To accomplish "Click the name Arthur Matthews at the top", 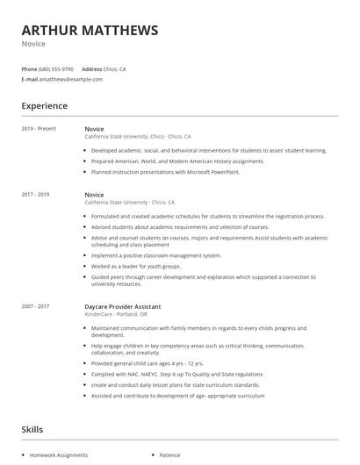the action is [x=90, y=31].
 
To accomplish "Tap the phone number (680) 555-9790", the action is [x=56, y=68].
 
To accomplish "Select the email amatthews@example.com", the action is [x=71, y=79].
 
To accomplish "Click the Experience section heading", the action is [x=44, y=106].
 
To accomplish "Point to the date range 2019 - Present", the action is [x=39, y=129].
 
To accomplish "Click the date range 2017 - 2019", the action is [x=36, y=194].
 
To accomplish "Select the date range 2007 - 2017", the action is [x=36, y=307].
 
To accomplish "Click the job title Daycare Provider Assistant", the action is [x=122, y=307].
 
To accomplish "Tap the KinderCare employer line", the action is [x=116, y=314].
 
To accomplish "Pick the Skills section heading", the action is [x=32, y=430].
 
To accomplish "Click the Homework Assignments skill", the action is [x=59, y=455].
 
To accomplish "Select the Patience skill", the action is [x=169, y=455].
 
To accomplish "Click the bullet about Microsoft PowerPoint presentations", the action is [x=165, y=172].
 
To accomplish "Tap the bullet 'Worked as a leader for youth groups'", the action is [x=136, y=266].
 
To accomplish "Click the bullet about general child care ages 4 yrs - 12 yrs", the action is [x=148, y=363].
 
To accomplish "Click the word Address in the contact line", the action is [x=92, y=68].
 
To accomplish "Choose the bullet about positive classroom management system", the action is [x=156, y=255].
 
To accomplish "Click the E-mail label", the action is [x=30, y=79].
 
